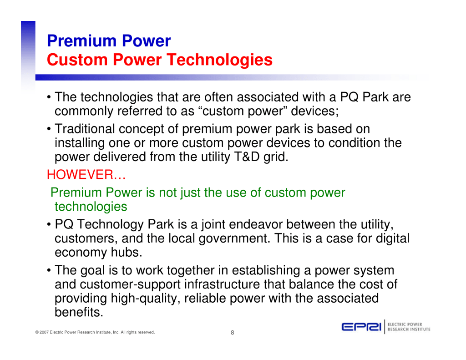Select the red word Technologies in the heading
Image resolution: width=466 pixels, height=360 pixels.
click(x=219, y=61)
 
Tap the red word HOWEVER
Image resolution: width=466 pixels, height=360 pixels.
click(x=80, y=174)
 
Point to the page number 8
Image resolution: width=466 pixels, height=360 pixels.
click(x=233, y=332)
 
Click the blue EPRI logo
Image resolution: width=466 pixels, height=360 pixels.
click(x=361, y=327)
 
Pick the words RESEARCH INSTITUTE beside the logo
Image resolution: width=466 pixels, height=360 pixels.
click(x=409, y=330)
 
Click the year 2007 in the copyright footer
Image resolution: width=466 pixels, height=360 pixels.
click(x=44, y=332)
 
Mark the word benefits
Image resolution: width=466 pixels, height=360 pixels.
click(x=79, y=312)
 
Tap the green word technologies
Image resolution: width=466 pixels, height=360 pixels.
click(x=91, y=207)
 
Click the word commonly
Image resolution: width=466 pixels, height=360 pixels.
click(x=84, y=112)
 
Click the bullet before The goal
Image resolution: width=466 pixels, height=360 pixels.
click(x=49, y=270)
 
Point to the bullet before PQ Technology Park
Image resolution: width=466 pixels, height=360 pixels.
click(x=49, y=225)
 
